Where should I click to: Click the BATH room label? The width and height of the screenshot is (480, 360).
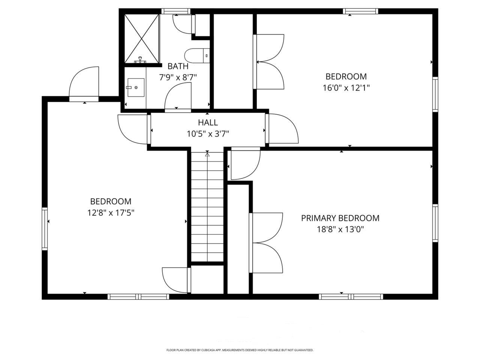point(178,66)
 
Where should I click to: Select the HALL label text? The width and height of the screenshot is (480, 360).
point(208,123)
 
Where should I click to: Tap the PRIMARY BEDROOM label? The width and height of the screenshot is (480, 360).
point(340,218)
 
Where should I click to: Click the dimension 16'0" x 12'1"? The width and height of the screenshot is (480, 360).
point(346,88)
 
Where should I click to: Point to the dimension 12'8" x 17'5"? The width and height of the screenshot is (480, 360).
point(111,213)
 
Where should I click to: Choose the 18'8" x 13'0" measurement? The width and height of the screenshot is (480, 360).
point(340,229)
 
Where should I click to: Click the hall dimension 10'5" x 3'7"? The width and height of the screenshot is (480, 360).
point(208,133)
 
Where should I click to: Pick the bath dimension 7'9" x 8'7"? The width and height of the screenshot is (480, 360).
point(178,77)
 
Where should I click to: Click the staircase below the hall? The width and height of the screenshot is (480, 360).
point(207,206)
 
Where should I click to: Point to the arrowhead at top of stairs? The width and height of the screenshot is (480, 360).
point(207,153)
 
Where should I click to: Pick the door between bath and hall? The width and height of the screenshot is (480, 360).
point(178,97)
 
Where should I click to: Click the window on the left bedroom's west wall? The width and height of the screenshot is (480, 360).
point(45,229)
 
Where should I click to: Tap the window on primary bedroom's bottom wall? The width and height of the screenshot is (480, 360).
point(351,296)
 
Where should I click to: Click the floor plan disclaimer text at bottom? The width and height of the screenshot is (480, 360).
point(240,350)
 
